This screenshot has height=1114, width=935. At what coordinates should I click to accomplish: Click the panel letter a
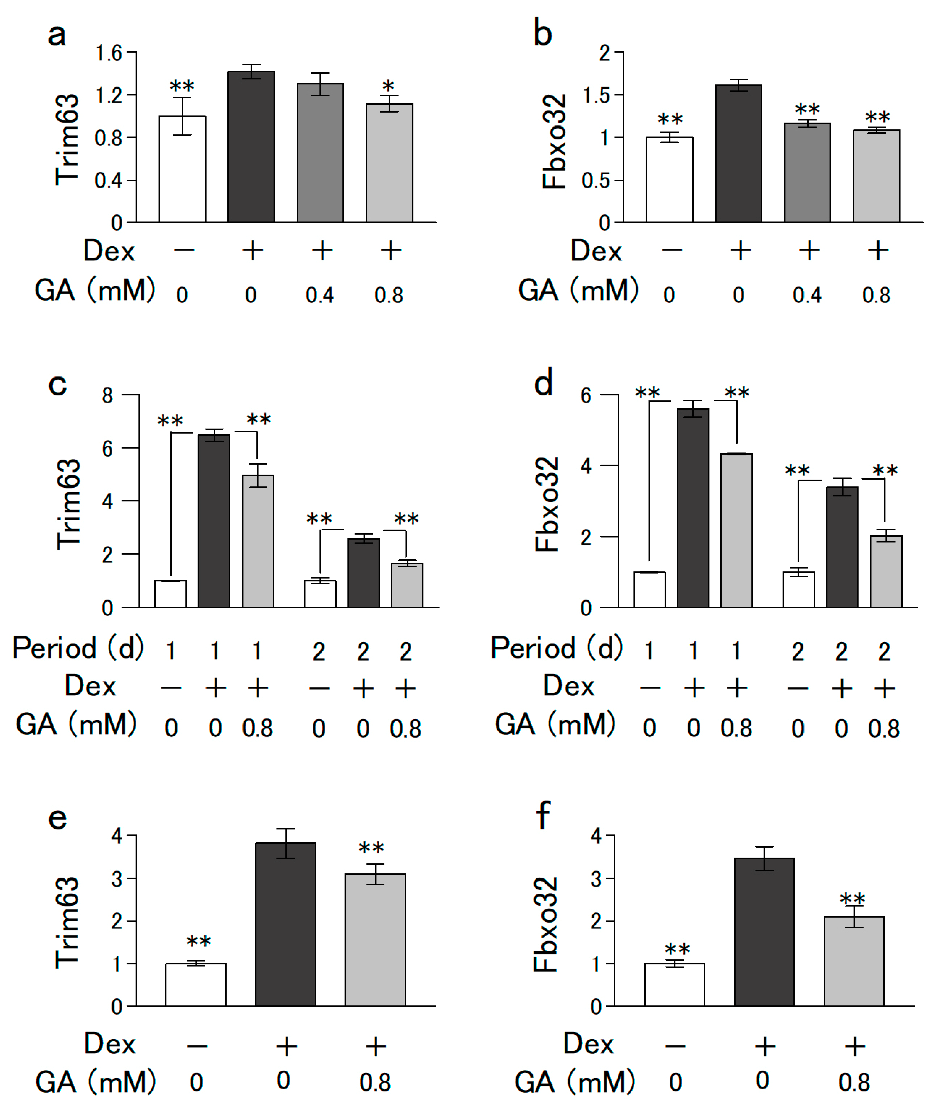click(x=57, y=35)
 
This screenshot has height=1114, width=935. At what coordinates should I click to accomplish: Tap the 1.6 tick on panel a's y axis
click(x=109, y=53)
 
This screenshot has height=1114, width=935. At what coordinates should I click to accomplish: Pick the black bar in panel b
click(x=738, y=153)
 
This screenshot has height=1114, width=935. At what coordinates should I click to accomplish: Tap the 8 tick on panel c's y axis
click(x=108, y=395)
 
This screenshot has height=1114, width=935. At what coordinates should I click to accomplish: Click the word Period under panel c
click(x=54, y=648)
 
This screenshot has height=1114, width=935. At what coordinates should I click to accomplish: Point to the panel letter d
click(x=543, y=383)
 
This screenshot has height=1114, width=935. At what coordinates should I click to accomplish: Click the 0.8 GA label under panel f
click(x=854, y=1082)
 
